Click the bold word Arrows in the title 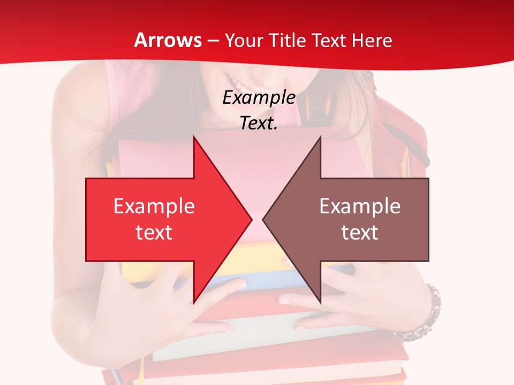tap(168, 40)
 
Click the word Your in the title tap(243, 40)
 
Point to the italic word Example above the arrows tap(259, 97)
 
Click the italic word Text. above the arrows tap(259, 123)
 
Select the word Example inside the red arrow tap(154, 206)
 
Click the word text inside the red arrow tap(154, 233)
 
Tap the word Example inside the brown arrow tap(360, 206)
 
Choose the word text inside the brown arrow tap(360, 233)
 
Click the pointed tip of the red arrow tap(251, 219)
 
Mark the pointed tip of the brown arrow tap(263, 219)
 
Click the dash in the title tap(213, 41)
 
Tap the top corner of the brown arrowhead tap(320, 137)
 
